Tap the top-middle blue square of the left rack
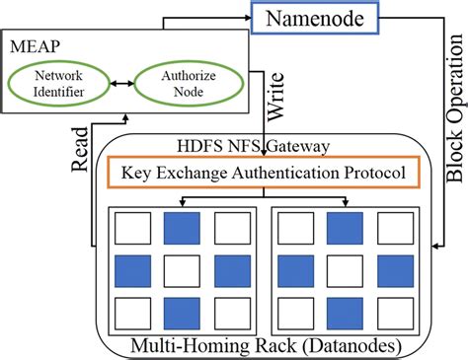pos(183,227)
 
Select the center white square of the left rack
pos(183,268)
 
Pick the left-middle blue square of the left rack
pos(131,268)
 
